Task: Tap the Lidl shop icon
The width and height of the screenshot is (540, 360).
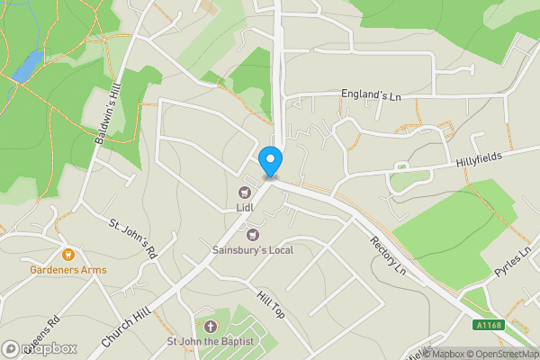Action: pos(244,192)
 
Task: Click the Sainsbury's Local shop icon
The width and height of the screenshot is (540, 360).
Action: pos(253,234)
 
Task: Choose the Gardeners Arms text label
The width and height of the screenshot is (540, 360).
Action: pos(67,270)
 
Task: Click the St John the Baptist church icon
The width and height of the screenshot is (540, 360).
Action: pos(210,326)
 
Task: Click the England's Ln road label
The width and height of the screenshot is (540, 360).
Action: pos(370,94)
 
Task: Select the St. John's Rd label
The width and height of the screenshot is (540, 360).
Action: pos(133,239)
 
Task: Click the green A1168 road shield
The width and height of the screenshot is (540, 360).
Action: pos(490,325)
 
